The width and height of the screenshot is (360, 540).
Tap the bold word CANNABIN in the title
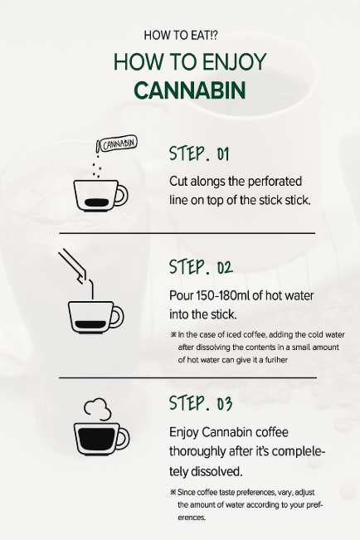click(180, 90)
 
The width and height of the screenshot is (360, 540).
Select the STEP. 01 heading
click(198, 154)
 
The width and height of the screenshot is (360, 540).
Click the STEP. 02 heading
click(200, 267)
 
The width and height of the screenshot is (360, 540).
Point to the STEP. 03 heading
click(200, 404)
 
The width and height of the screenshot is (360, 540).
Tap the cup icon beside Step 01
click(100, 196)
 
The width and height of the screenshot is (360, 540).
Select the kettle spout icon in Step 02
click(75, 266)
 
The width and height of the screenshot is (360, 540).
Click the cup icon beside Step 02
click(94, 316)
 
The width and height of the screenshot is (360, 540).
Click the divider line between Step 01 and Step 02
click(187, 233)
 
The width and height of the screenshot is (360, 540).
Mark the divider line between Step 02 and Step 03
click(187, 377)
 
